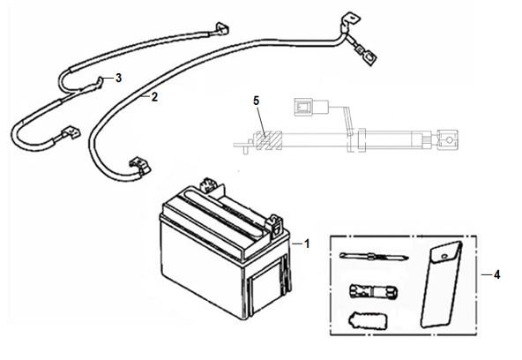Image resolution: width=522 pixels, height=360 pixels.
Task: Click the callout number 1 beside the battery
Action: (307, 244)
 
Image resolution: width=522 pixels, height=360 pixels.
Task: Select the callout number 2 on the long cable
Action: (154, 97)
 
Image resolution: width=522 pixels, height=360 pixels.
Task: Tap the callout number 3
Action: (118, 79)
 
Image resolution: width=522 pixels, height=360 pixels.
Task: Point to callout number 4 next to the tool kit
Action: (496, 275)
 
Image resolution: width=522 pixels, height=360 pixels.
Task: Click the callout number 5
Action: (256, 101)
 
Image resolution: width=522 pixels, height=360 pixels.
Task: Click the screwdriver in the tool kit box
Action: (374, 256)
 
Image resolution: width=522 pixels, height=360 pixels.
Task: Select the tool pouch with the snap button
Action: (441, 284)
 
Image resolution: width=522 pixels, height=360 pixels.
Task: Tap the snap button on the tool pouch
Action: (444, 256)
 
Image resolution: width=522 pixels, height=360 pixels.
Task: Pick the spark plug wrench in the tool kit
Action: (373, 291)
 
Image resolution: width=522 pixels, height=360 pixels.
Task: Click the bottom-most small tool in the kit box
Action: (368, 320)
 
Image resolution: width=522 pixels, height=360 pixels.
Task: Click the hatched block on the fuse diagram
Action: (268, 140)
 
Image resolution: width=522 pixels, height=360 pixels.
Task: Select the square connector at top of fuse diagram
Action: (303, 108)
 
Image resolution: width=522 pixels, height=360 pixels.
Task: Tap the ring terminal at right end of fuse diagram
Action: (447, 140)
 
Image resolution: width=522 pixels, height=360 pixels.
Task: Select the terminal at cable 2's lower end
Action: (140, 166)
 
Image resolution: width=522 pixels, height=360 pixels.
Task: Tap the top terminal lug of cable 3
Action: (221, 29)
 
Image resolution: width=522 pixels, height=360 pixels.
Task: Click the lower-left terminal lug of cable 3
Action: (71, 133)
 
